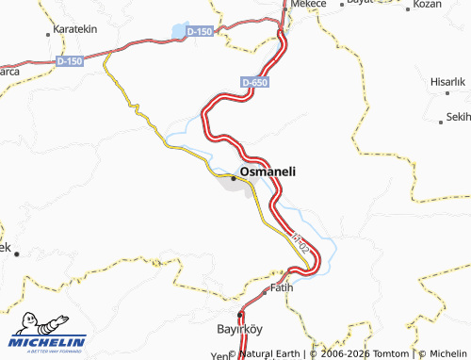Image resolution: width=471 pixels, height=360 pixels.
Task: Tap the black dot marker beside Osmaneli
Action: pos(234,176)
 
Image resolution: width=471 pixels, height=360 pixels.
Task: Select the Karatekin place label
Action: pos(75,30)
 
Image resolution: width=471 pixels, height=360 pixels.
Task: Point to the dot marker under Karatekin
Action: pos(49,35)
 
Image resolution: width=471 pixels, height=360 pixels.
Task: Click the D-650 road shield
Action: pos(253,83)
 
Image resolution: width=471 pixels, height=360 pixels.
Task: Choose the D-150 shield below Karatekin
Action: pos(70,61)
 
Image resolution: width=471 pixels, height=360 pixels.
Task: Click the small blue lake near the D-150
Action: pos(179,32)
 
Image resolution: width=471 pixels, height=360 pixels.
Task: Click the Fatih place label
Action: pos(282,286)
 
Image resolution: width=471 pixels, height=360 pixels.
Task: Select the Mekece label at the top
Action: pos(308,5)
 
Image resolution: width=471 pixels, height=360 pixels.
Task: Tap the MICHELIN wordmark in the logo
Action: pos(49,341)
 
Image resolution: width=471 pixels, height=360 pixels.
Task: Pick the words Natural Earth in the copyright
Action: pos(275,353)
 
